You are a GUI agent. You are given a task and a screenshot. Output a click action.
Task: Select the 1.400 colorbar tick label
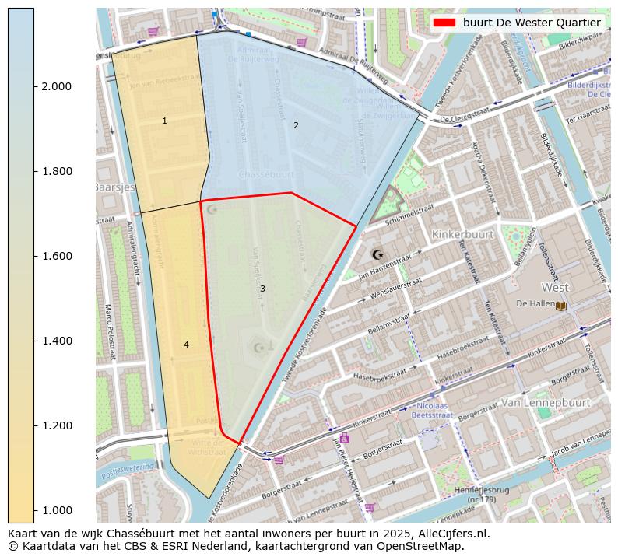(56, 341)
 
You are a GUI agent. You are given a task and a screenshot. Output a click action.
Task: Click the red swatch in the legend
(444, 23)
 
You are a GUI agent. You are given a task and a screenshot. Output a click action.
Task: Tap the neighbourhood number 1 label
(164, 121)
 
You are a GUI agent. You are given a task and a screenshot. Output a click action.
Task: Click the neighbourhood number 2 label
(296, 125)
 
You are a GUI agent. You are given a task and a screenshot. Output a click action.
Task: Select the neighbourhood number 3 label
(262, 289)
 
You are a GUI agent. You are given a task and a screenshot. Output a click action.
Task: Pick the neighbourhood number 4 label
(186, 345)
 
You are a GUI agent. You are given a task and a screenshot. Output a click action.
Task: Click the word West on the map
(555, 287)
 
